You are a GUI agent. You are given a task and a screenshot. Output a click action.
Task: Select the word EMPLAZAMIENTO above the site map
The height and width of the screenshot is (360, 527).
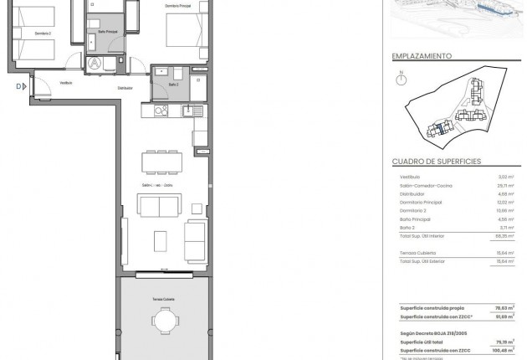tap(422, 57)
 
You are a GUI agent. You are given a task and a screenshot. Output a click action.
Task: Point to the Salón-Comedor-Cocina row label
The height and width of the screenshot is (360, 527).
tap(425, 185)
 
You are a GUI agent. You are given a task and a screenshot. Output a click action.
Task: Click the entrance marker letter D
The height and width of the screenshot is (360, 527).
tap(16, 85)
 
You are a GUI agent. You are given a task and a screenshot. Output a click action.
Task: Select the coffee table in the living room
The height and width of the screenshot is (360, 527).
tap(161, 239)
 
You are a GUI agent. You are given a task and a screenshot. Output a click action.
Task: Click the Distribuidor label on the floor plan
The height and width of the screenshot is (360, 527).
tap(125, 87)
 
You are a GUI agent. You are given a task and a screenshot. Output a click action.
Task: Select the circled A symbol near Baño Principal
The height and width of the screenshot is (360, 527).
tap(97, 63)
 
